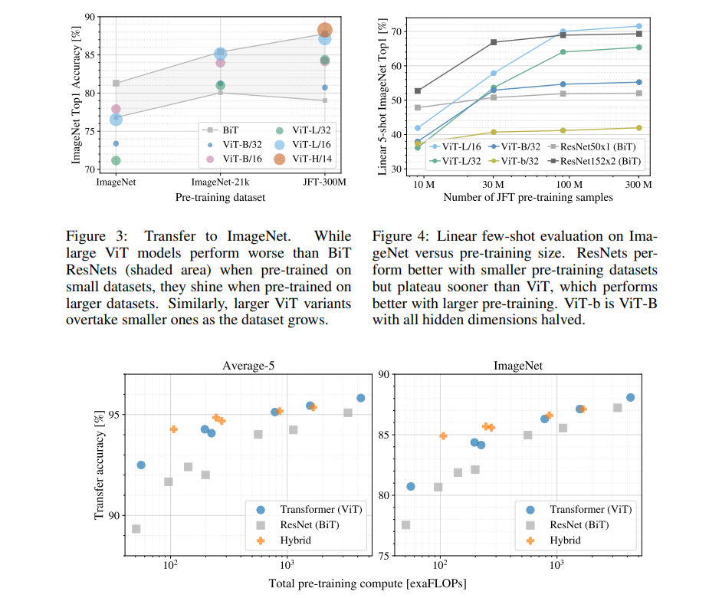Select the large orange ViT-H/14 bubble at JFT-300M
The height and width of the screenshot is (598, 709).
(x=324, y=31)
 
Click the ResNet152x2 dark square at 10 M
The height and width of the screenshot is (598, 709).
(x=418, y=91)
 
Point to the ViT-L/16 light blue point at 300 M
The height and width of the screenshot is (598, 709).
(x=638, y=26)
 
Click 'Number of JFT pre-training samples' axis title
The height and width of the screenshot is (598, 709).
(x=528, y=198)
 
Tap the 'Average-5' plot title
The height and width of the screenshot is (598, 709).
(x=248, y=366)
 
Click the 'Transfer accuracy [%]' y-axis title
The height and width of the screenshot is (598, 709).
(x=99, y=465)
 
